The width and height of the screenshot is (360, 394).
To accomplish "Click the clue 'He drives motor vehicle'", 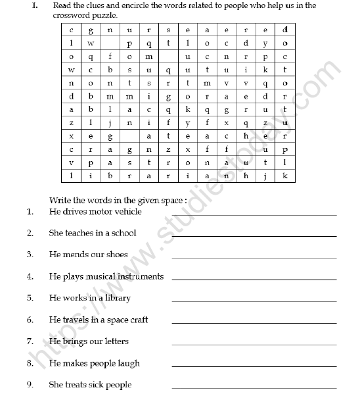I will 95,212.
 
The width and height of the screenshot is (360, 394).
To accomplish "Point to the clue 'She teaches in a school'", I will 92,233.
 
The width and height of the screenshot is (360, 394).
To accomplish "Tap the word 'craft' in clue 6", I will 136,320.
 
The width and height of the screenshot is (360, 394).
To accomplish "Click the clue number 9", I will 30,385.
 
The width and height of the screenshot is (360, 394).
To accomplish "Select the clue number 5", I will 30,298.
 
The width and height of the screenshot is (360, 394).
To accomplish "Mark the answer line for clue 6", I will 254,323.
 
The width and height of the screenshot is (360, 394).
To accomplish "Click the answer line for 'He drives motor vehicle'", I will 254,215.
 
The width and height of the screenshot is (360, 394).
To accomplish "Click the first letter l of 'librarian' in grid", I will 71,176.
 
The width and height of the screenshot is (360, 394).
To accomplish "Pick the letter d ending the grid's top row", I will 284,30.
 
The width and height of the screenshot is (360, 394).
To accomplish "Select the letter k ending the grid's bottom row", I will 284,176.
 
